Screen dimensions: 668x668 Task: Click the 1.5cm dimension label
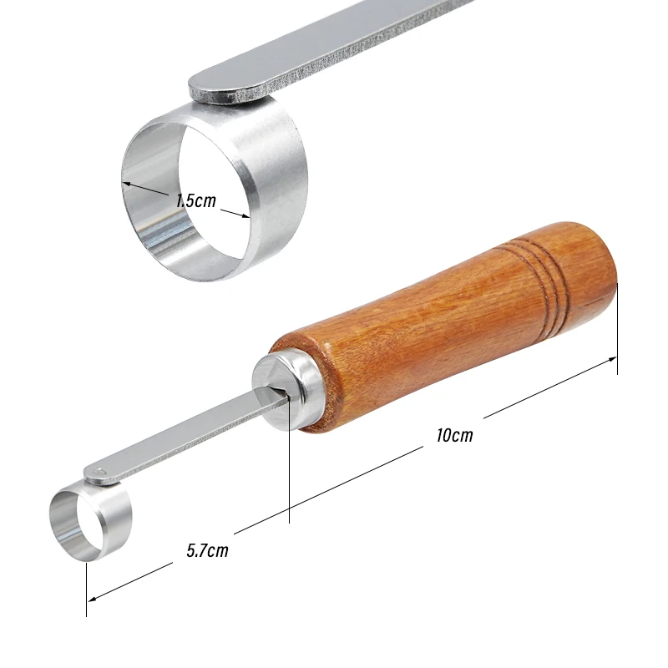pos(196,200)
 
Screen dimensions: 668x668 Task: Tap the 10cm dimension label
pos(454,435)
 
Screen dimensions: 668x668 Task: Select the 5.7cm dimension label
pos(207,550)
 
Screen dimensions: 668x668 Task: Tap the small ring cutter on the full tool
pos(90,522)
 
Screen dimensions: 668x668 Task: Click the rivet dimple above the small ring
pos(99,472)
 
